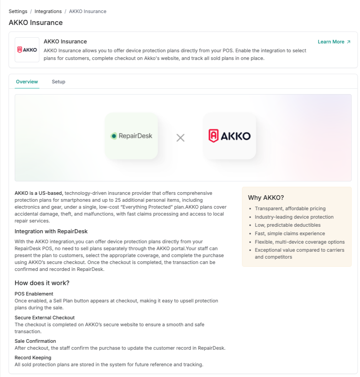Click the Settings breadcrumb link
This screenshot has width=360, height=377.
click(x=18, y=12)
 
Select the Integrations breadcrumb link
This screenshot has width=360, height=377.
click(x=48, y=12)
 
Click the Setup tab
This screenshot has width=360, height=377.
click(x=58, y=82)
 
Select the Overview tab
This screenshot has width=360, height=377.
click(x=27, y=82)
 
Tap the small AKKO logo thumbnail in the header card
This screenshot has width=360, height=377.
click(x=27, y=50)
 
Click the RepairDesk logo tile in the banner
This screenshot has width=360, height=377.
click(x=131, y=136)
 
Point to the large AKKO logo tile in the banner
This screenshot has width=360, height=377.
click(x=230, y=136)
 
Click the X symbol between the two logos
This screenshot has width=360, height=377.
click(x=180, y=138)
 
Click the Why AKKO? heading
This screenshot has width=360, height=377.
click(x=266, y=198)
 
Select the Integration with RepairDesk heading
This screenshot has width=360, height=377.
click(x=51, y=231)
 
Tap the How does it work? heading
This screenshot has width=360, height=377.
click(x=42, y=283)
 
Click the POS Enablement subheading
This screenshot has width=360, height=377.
click(x=34, y=294)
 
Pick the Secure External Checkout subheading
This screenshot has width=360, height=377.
click(x=45, y=318)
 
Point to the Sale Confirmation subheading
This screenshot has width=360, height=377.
click(x=35, y=341)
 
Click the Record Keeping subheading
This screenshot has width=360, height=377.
click(x=33, y=358)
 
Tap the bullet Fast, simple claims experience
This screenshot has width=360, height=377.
click(x=290, y=234)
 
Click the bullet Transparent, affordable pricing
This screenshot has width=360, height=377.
click(x=290, y=209)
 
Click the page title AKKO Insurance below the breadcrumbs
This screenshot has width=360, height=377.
click(x=36, y=23)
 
